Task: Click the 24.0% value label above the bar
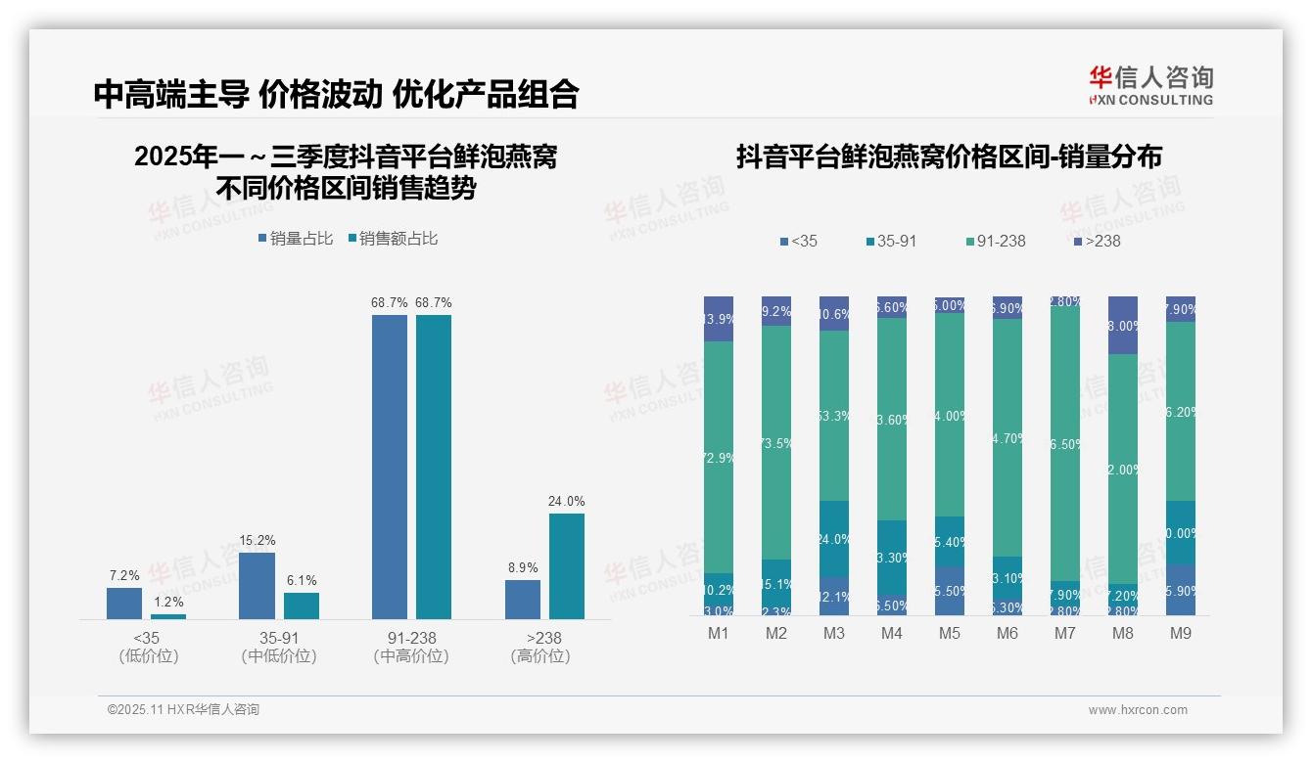pyautogui.click(x=567, y=502)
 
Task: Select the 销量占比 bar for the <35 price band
pyautogui.click(x=124, y=603)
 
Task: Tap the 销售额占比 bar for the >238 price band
pyautogui.click(x=567, y=565)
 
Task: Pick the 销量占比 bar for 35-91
pyautogui.click(x=257, y=585)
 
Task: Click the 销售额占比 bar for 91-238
pyautogui.click(x=434, y=466)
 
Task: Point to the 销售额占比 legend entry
pyautogui.click(x=393, y=239)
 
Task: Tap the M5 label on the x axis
pyautogui.click(x=950, y=634)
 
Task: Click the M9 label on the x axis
pyautogui.click(x=1180, y=634)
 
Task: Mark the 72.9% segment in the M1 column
pyautogui.click(x=719, y=457)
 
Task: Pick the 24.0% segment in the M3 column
pyautogui.click(x=834, y=539)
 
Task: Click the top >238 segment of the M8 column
pyautogui.click(x=1123, y=325)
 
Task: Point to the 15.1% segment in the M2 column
pyautogui.click(x=776, y=584)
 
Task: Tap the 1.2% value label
pyautogui.click(x=168, y=603)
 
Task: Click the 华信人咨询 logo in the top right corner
pyautogui.click(x=1150, y=85)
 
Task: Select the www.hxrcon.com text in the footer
pyautogui.click(x=1137, y=710)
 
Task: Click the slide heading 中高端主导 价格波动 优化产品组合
pyautogui.click(x=336, y=94)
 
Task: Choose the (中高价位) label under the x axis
pyautogui.click(x=411, y=657)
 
